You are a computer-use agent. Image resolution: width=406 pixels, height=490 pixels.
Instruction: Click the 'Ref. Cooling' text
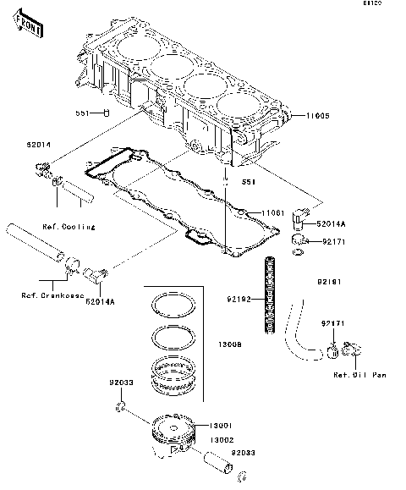(69, 227)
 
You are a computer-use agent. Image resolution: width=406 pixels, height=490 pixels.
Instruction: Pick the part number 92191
(331, 280)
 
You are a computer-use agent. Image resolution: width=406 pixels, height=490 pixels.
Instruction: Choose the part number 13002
(222, 441)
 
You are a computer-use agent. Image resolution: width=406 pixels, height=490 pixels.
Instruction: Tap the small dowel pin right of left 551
(107, 113)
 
